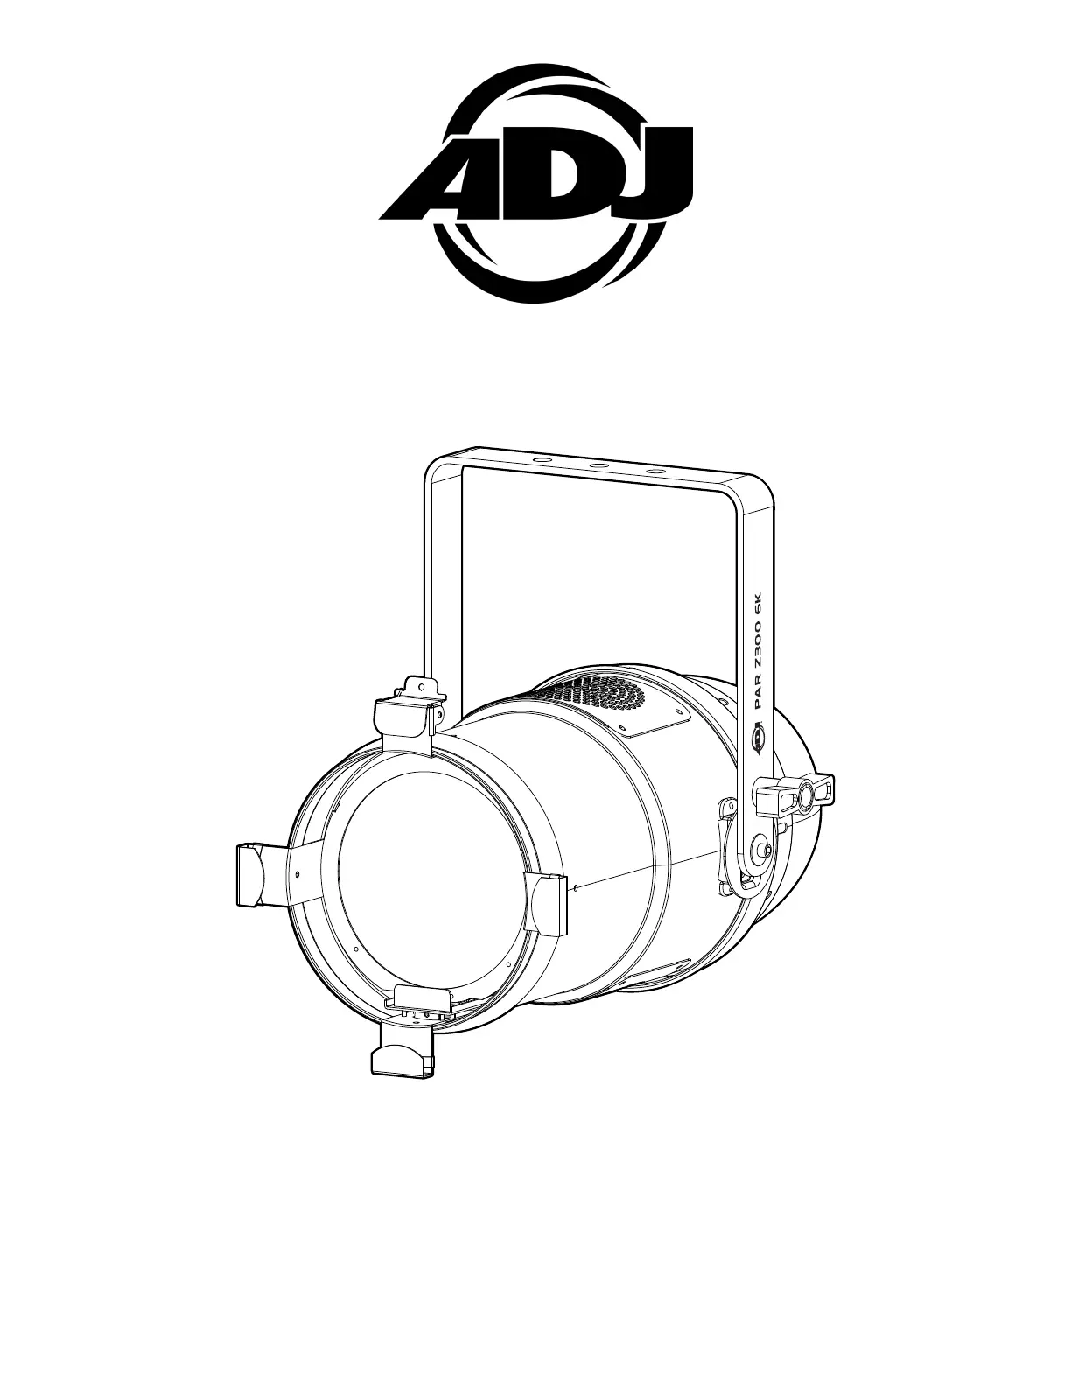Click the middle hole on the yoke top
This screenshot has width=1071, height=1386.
(599, 465)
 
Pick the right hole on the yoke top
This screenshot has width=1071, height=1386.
(655, 472)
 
